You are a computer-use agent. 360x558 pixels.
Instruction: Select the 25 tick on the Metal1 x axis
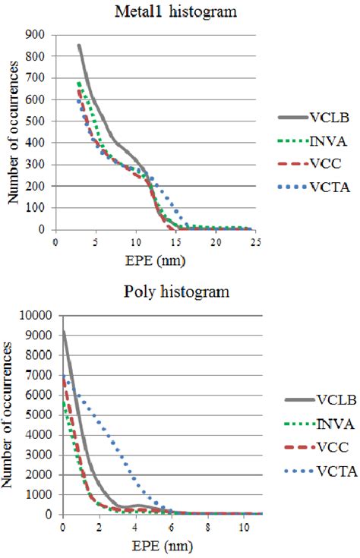(256, 241)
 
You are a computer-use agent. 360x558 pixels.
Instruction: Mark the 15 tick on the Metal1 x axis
(175, 241)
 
